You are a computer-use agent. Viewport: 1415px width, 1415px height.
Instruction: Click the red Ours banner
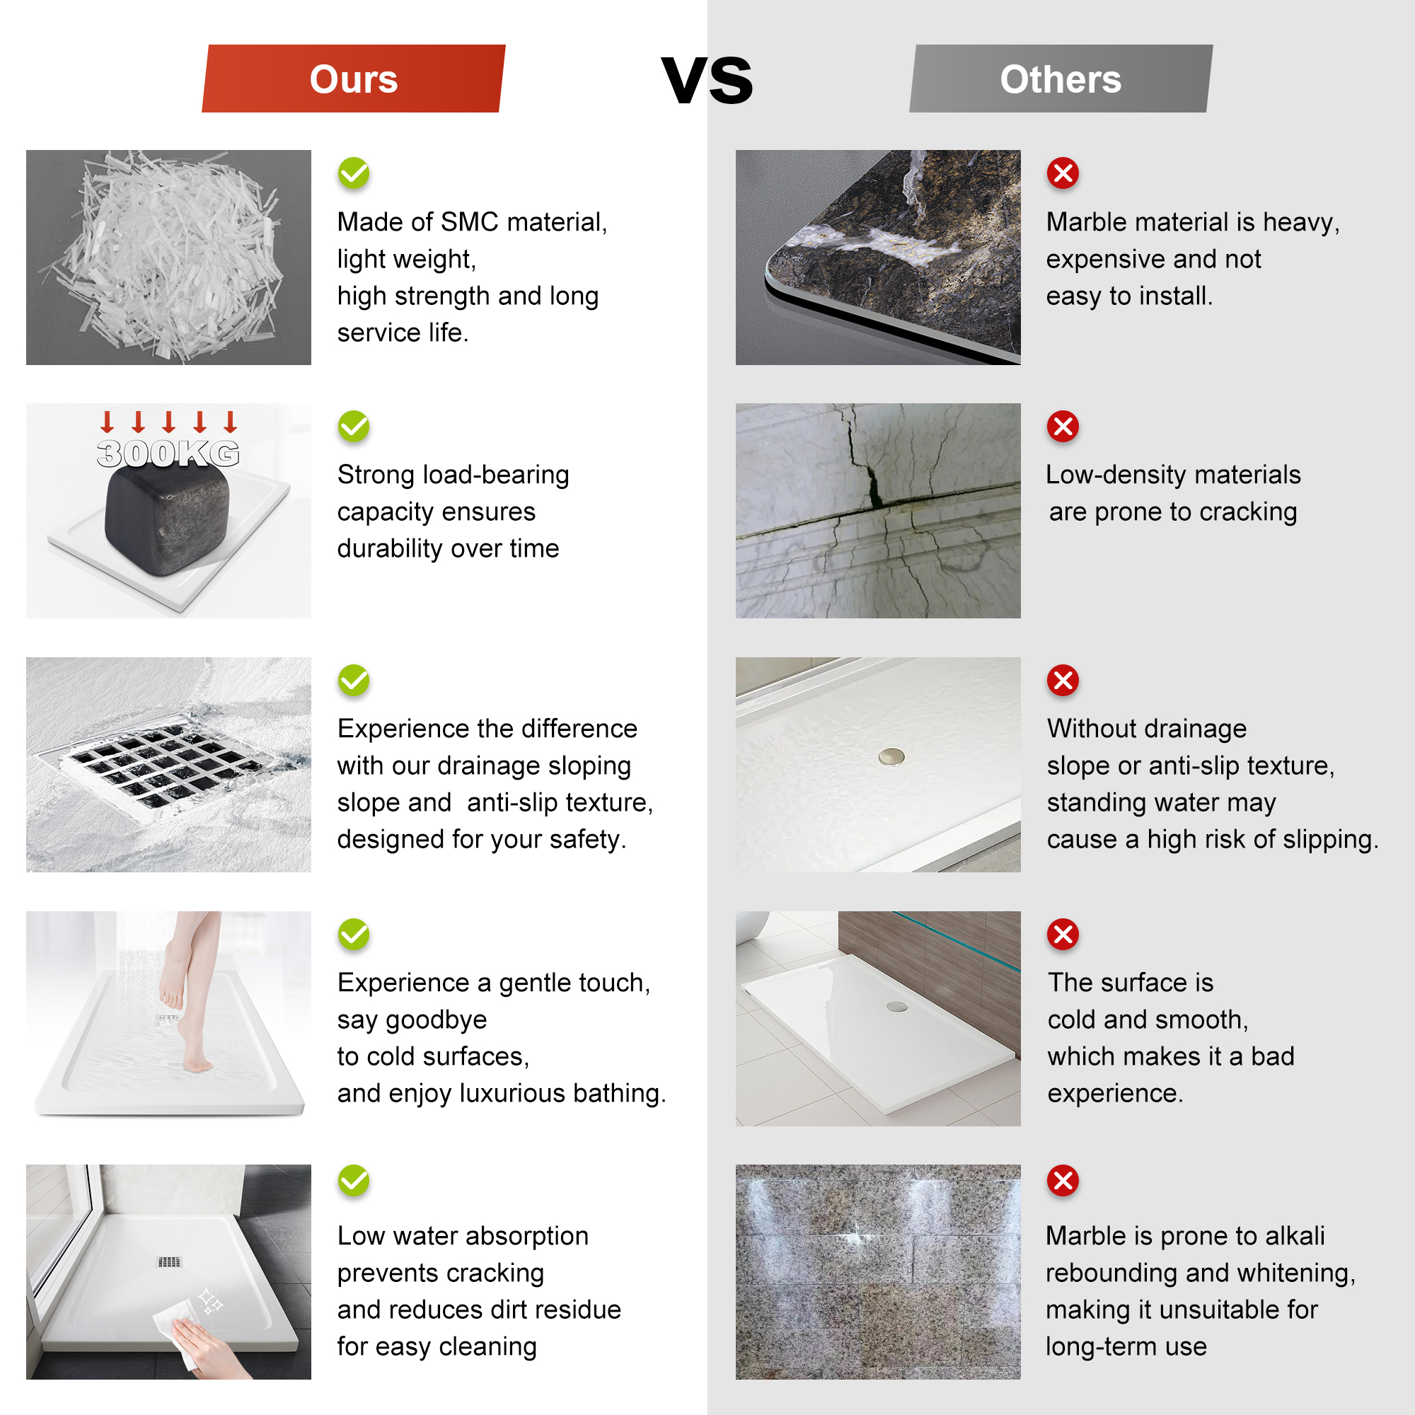pyautogui.click(x=353, y=79)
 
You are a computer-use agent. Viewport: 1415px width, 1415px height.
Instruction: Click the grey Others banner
pyautogui.click(x=1061, y=79)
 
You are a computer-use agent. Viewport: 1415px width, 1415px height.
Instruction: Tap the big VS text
pyautogui.click(x=707, y=80)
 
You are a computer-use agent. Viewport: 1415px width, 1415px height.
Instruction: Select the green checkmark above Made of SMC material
pyautogui.click(x=354, y=173)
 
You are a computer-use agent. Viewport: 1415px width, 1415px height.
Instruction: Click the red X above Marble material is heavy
pyautogui.click(x=1063, y=173)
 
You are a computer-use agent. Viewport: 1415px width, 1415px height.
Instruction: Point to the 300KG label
pyautogui.click(x=168, y=454)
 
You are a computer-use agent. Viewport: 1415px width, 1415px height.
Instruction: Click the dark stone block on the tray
pyautogui.click(x=167, y=516)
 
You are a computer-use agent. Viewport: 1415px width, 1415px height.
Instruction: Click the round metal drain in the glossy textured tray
pyautogui.click(x=891, y=756)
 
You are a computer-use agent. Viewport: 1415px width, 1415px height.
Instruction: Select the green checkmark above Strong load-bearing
pyautogui.click(x=354, y=426)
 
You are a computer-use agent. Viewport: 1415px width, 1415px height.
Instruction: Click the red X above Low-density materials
pyautogui.click(x=1063, y=426)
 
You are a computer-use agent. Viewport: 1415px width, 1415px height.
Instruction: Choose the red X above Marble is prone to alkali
pyautogui.click(x=1063, y=1181)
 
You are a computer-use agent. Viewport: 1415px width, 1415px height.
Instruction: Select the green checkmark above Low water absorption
pyautogui.click(x=354, y=1181)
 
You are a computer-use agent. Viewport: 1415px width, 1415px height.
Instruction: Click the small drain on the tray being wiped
pyautogui.click(x=169, y=1261)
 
